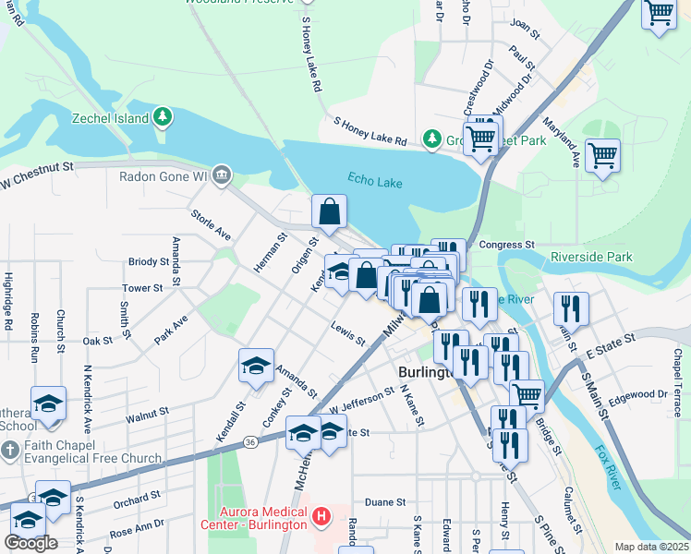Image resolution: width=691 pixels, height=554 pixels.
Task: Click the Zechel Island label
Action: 111,118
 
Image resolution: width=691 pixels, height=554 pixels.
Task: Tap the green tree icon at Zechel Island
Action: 164,116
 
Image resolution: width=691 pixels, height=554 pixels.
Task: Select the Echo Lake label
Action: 375,182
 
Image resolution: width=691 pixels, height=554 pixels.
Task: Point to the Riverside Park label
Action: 591,257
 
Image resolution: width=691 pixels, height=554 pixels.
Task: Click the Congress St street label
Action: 507,245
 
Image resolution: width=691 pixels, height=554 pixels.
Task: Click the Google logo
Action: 30,543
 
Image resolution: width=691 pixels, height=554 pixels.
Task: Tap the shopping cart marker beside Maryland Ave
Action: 602,154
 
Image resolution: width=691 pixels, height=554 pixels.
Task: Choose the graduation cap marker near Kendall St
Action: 256,365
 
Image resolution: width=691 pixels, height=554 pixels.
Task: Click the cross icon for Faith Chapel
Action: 10,452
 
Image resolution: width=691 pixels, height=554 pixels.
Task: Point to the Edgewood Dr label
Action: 638,393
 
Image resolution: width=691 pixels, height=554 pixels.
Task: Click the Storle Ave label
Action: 210,223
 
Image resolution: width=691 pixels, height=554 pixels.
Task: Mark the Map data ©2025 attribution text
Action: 651,547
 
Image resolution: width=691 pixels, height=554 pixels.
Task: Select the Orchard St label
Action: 137,499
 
